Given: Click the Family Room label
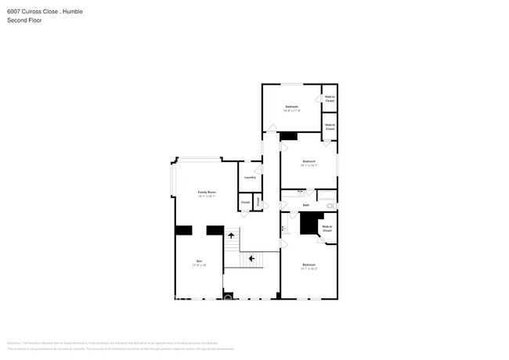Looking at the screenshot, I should (207, 192).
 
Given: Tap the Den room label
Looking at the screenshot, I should (200, 261).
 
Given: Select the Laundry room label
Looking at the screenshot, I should (250, 178).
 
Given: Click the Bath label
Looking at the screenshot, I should (306, 206).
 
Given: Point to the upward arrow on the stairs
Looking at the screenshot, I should (231, 235).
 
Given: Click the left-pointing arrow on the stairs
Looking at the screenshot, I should (251, 257).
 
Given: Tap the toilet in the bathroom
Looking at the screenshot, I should (330, 205).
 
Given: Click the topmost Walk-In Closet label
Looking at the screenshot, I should (330, 99).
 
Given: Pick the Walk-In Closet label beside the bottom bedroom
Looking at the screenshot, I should (327, 229).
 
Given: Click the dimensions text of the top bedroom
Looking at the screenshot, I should (291, 110).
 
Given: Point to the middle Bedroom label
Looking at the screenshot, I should (309, 161).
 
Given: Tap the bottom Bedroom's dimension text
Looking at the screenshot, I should (309, 269).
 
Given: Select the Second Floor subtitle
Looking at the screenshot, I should (24, 20).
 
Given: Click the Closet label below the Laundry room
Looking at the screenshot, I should (245, 203).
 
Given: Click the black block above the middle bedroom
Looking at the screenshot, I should (289, 136).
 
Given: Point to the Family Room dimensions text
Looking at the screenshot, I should (207, 196).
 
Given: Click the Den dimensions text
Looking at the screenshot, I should (200, 265).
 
